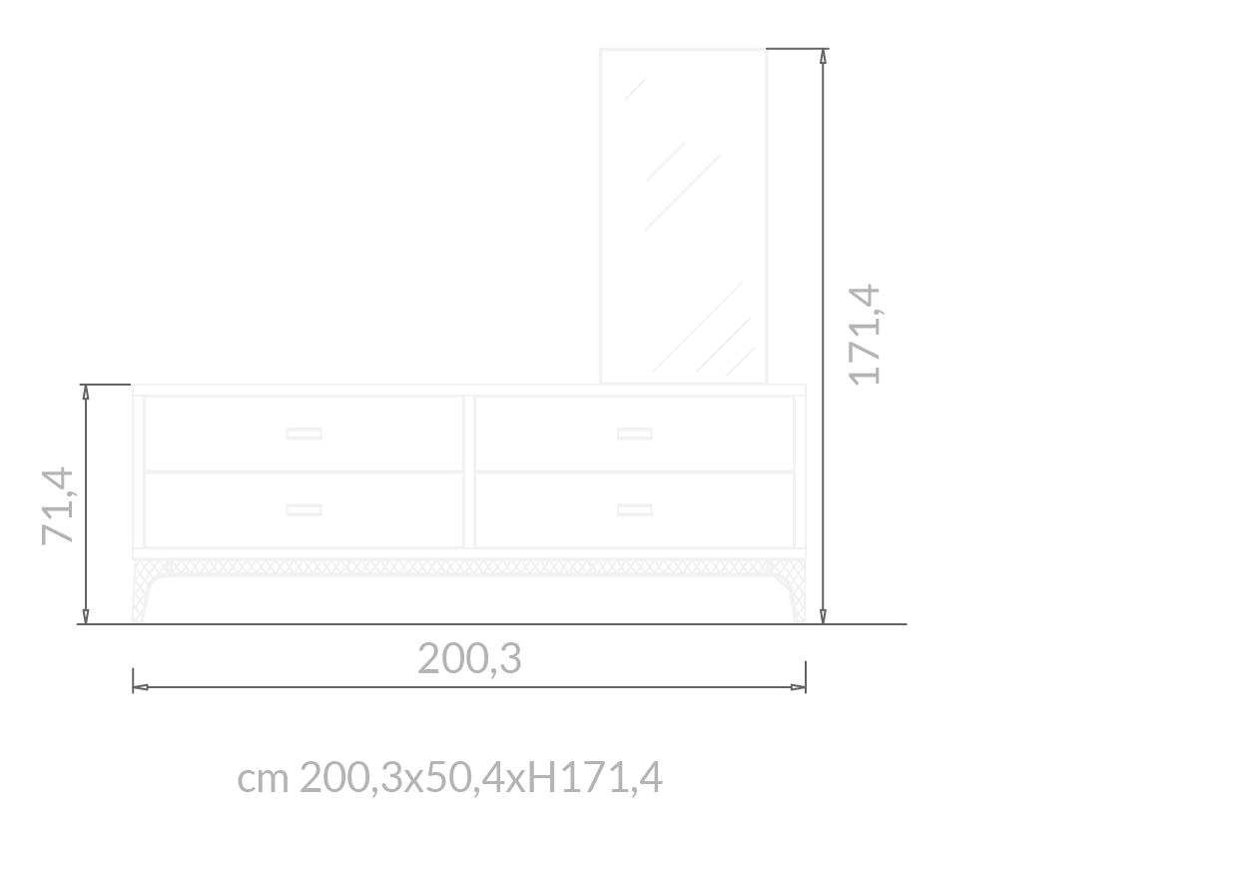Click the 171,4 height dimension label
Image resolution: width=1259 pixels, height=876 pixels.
(865, 335)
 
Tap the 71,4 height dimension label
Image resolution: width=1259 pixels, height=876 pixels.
(58, 505)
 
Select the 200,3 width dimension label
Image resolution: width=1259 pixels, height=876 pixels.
(469, 659)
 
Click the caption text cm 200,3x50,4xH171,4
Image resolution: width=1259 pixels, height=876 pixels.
(449, 778)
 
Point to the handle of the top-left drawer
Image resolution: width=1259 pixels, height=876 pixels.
(304, 434)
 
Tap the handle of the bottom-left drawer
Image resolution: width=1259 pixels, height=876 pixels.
(304, 509)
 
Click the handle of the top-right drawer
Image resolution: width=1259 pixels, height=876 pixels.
(634, 434)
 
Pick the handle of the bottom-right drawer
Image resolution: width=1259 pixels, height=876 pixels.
(634, 509)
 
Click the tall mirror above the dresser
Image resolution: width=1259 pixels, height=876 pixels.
(684, 215)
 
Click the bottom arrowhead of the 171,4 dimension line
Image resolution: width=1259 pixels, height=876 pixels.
(823, 615)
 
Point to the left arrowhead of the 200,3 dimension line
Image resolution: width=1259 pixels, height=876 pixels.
(141, 687)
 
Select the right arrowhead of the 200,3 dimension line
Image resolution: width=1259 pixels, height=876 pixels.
(797, 687)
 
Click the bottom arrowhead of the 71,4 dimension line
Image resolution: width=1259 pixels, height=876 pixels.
(86, 615)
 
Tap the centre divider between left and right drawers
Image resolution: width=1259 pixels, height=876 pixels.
(469, 471)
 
